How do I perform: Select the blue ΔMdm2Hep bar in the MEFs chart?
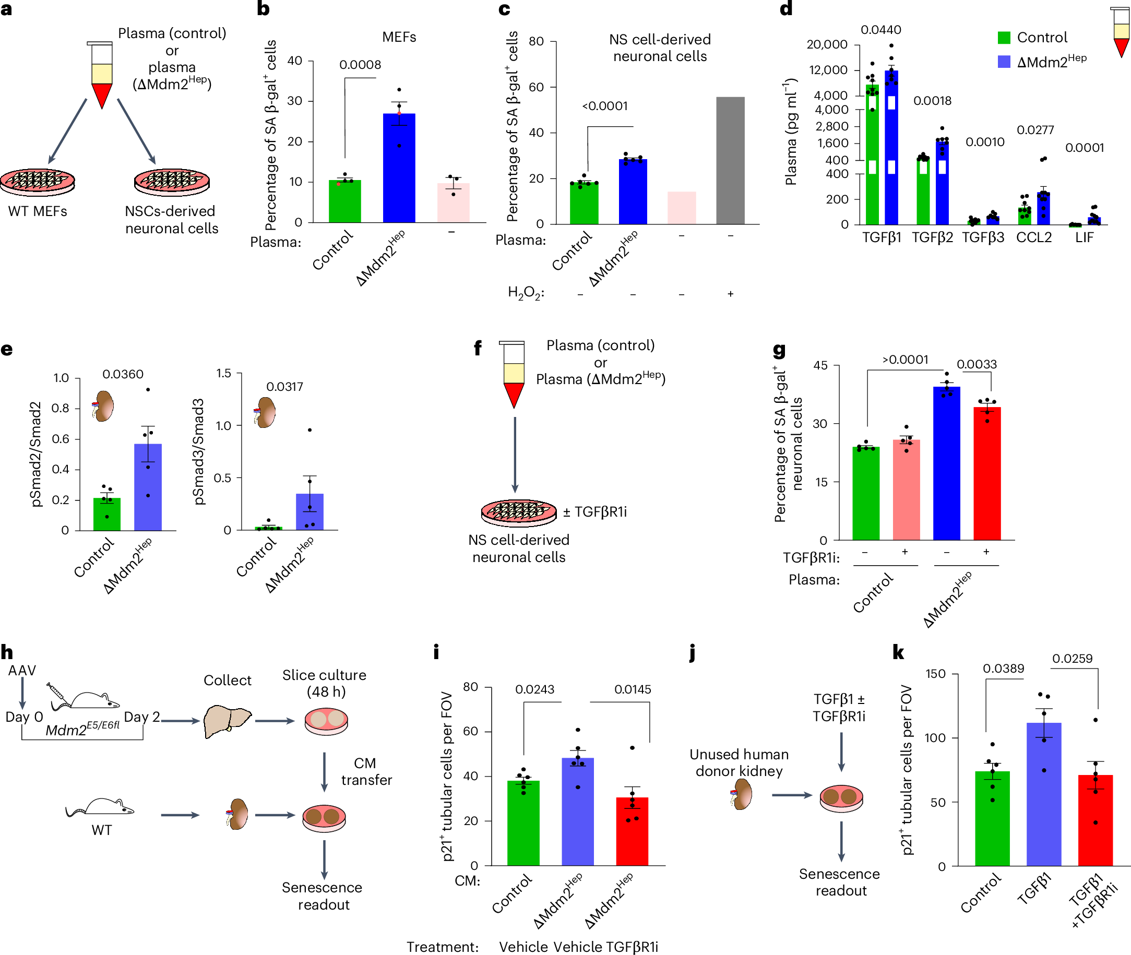click(399, 168)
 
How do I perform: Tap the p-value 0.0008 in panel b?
click(360, 65)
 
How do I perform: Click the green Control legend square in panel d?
click(1004, 38)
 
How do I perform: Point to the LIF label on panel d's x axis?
click(1084, 237)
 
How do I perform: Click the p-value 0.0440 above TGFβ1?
click(881, 30)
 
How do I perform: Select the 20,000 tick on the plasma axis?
click(827, 44)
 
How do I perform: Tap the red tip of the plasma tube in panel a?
click(102, 95)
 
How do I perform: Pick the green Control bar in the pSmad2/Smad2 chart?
click(106, 514)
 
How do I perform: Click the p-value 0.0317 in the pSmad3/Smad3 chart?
click(284, 387)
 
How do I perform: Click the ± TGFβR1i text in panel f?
click(594, 511)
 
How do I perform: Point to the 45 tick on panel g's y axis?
click(820, 365)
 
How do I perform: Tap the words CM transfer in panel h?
click(366, 771)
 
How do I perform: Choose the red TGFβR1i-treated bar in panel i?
click(632, 831)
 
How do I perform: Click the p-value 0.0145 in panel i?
click(633, 689)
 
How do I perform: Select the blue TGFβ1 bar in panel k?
click(1043, 794)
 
